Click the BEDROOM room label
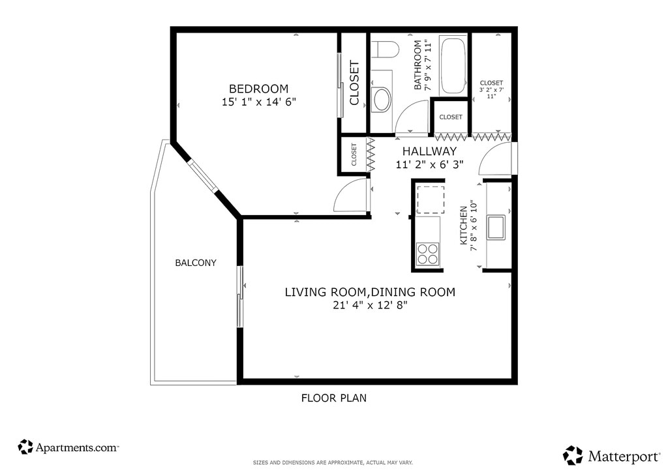[258, 89]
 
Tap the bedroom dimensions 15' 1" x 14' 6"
[258, 102]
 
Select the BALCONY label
[196, 263]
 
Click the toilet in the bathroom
[384, 50]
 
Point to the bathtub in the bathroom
[453, 66]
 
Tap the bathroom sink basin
[382, 100]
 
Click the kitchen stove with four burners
[428, 254]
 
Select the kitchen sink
[496, 228]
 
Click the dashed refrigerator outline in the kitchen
[431, 199]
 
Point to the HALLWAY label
[429, 151]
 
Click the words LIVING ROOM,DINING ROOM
[370, 292]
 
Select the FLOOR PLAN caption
[333, 398]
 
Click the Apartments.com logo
[68, 447]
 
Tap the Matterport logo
[611, 456]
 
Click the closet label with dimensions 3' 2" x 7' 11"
[491, 89]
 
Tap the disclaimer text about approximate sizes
[333, 463]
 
